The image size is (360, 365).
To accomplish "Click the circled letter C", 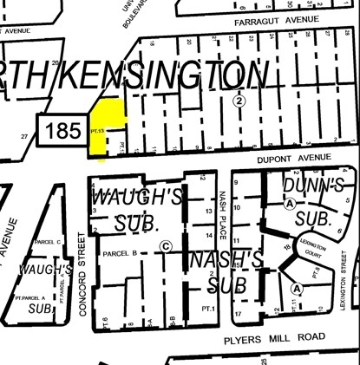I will click(x=165, y=245).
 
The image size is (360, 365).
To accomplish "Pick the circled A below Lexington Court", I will click(x=297, y=288).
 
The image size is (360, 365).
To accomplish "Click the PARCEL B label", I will click(x=121, y=253).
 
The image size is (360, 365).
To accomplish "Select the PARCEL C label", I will click(x=47, y=242).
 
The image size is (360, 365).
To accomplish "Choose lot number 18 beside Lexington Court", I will click(x=287, y=248).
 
